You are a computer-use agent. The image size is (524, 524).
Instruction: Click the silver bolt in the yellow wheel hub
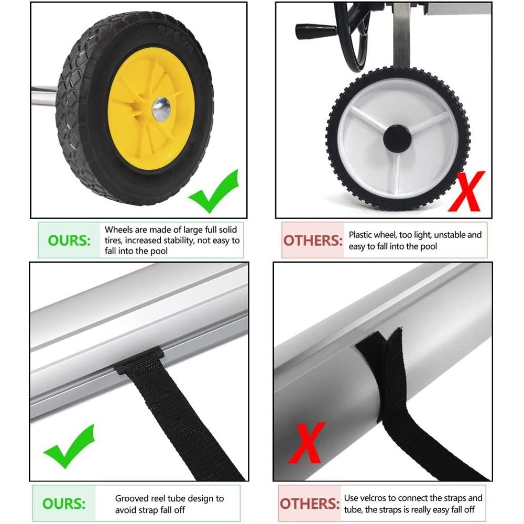[161, 110]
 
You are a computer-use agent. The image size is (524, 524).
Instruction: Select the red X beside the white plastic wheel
[466, 191]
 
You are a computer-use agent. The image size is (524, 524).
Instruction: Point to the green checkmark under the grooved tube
[70, 446]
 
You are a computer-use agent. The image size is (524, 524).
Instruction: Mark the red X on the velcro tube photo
[307, 443]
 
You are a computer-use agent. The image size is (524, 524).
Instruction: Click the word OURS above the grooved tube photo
[69, 241]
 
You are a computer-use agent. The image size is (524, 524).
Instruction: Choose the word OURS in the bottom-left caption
[64, 503]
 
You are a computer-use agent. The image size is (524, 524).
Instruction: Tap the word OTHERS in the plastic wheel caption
[313, 241]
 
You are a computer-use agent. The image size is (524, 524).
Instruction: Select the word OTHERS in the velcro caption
[310, 503]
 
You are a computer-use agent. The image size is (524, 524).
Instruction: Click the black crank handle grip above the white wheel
[315, 31]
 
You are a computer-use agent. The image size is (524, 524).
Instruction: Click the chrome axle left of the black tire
[44, 96]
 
